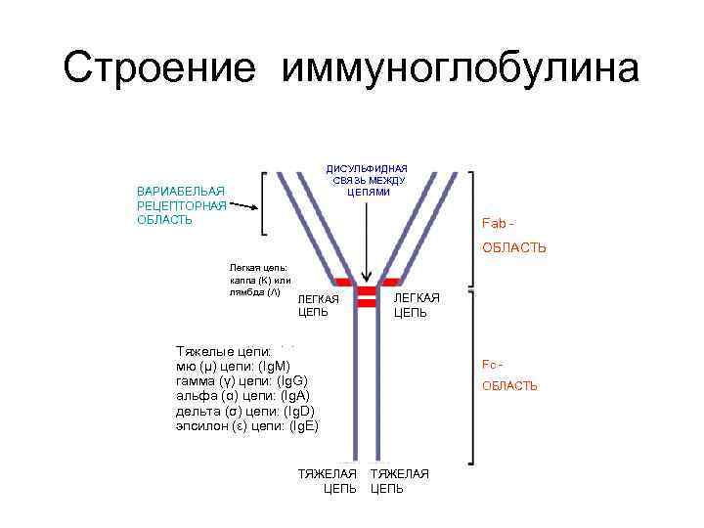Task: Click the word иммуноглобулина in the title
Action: click(461, 68)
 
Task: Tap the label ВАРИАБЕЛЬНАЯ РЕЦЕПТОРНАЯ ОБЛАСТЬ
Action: click(182, 205)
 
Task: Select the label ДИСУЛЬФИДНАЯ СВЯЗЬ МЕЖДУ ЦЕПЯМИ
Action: click(367, 180)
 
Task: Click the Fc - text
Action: click(493, 364)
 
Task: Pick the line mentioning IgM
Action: click(240, 365)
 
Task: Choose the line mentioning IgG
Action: click(242, 380)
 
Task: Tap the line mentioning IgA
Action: click(241, 395)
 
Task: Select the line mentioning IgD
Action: click(244, 411)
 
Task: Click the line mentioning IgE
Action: click(246, 426)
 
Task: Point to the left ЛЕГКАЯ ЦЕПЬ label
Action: click(319, 305)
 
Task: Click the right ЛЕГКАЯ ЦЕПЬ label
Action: click(417, 305)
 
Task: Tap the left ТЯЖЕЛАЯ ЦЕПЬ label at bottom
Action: click(328, 481)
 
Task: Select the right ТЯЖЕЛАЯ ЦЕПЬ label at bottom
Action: click(399, 481)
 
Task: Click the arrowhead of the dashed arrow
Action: click(255, 208)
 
